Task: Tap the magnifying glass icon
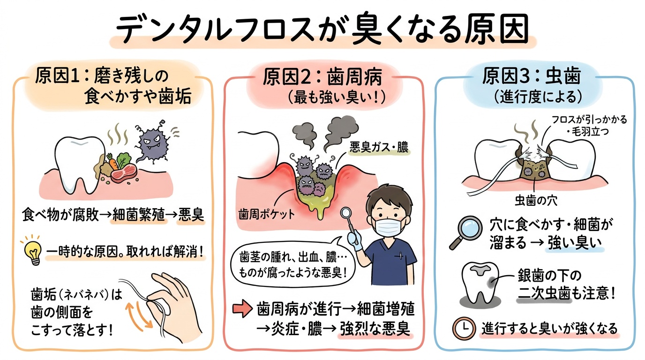[x=466, y=232]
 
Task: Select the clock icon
[x=464, y=329]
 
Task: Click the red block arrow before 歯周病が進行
[x=242, y=309]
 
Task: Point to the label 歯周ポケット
[x=267, y=214]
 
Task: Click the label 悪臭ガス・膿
[x=379, y=148]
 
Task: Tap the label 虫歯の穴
[x=536, y=201]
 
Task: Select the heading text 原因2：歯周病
[x=322, y=77]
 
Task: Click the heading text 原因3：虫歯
[x=532, y=76]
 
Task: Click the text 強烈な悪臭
[x=375, y=328]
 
